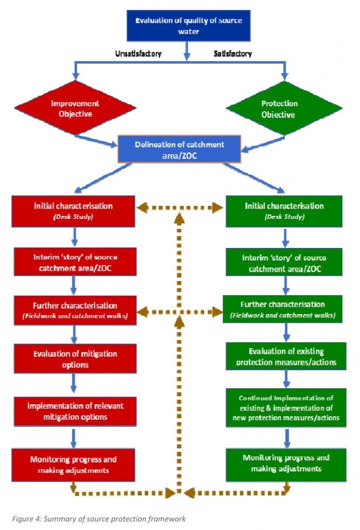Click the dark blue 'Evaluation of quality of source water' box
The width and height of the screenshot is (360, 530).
[188, 25]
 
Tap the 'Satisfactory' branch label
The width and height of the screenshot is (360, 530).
[232, 53]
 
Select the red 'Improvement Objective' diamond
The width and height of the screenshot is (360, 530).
[76, 108]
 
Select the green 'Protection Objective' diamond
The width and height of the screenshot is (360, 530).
[284, 108]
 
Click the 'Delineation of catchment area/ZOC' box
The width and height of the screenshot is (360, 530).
[179, 149]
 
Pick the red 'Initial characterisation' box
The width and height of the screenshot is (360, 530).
[73, 211]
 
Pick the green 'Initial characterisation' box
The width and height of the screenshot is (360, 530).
[283, 211]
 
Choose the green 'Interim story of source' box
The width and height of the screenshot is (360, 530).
[284, 263]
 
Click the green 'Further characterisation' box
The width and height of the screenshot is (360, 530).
[282, 309]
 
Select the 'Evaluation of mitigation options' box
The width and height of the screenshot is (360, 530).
[74, 359]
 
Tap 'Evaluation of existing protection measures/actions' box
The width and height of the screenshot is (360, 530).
[286, 357]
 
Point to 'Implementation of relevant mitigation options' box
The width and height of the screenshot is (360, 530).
[74, 411]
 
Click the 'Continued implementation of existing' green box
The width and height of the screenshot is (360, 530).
[286, 408]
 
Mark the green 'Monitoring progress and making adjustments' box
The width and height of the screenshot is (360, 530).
[286, 463]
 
